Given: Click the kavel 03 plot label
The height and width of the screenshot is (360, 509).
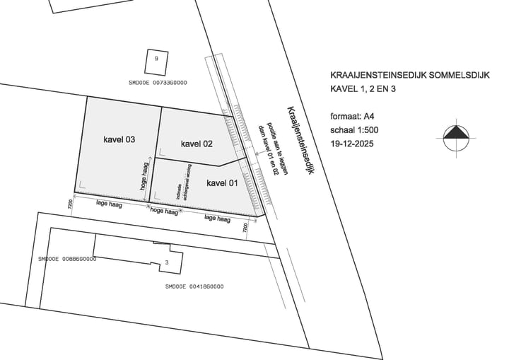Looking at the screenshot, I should pyautogui.click(x=118, y=139).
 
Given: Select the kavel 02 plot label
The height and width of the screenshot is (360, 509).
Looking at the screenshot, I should pyautogui.click(x=197, y=144).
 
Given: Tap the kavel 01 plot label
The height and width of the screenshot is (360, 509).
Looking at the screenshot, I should pyautogui.click(x=222, y=183).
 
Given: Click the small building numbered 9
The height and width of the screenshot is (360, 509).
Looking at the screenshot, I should pyautogui.click(x=156, y=59).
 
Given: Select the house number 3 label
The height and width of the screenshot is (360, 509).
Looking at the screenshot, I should pyautogui.click(x=167, y=262).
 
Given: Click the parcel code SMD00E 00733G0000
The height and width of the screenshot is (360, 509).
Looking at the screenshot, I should pyautogui.click(x=158, y=83).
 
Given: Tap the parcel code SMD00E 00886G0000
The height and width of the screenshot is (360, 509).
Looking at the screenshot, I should pyautogui.click(x=67, y=259).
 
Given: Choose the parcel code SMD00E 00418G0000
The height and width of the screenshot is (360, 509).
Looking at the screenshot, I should pyautogui.click(x=194, y=286).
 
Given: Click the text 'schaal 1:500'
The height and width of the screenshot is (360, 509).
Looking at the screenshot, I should pyautogui.click(x=355, y=131).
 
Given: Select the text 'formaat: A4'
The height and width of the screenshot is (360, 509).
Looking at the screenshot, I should pyautogui.click(x=353, y=116).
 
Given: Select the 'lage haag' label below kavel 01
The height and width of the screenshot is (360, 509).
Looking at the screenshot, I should pyautogui.click(x=217, y=219).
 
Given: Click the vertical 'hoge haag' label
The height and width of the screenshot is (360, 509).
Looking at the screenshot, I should pyautogui.click(x=144, y=177).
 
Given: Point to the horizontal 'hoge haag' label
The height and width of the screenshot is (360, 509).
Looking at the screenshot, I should pyautogui.click(x=163, y=211).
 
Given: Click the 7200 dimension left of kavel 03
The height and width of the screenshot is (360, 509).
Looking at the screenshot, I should pyautogui.click(x=70, y=203).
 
